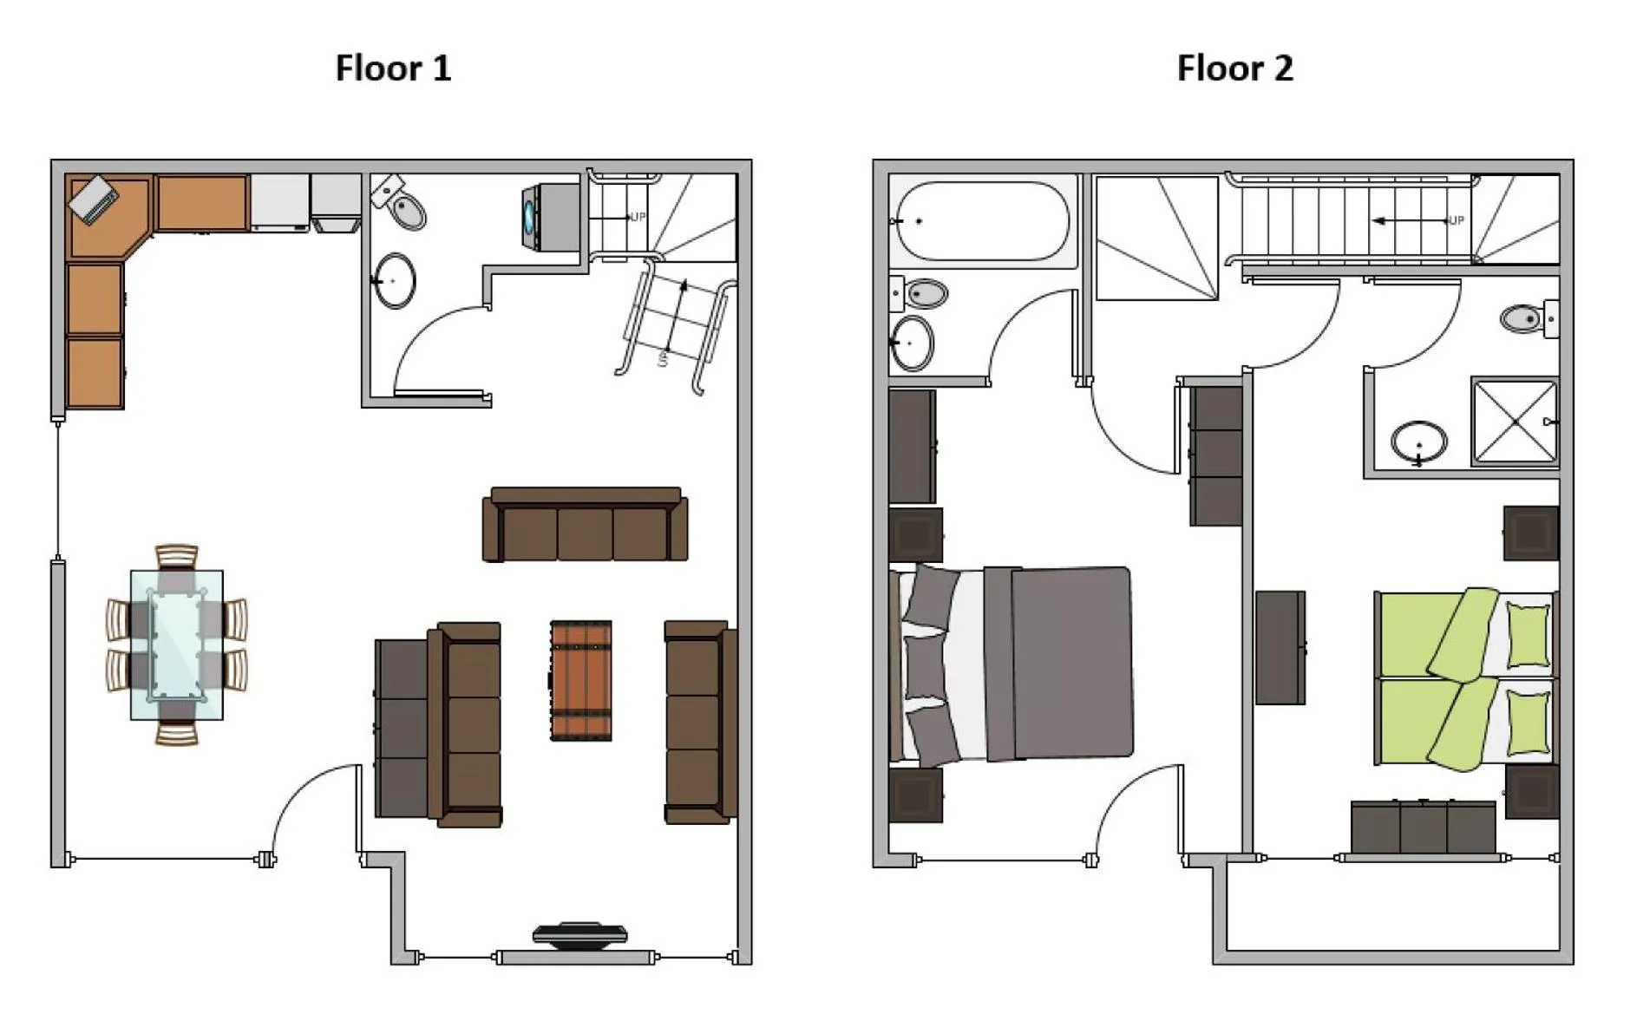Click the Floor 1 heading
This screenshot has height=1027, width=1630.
pos(393,68)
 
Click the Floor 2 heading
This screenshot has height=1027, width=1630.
pos(1234,68)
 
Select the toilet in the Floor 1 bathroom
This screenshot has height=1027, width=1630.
pos(403,205)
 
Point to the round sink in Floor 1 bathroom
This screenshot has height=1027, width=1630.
pos(395,280)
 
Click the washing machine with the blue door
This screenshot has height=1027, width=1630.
pos(550,217)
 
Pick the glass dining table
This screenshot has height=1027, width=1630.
pos(177,644)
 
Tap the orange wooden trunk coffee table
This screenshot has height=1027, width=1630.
pos(581,680)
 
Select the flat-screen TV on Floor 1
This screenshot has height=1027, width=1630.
pos(579,934)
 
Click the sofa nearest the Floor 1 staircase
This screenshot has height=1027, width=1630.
pos(585,526)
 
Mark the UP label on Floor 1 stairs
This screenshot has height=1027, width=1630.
pos(638,217)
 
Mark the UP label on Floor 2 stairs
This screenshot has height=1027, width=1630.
pos(1456,220)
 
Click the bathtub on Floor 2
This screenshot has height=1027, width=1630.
pos(982,221)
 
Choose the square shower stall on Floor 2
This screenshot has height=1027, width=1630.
pos(1515,422)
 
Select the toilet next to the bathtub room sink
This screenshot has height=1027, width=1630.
pos(922,294)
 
